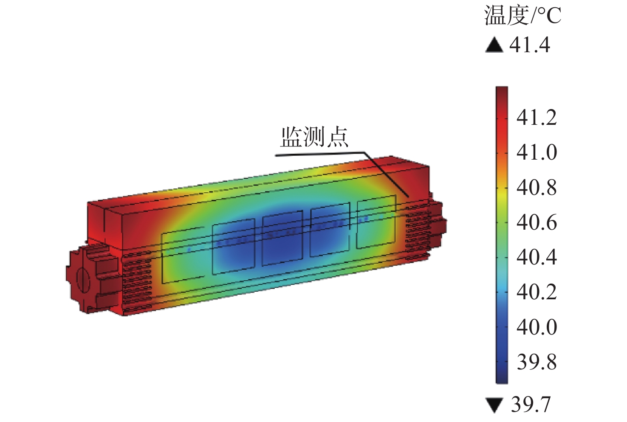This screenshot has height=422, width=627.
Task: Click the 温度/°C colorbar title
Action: click(x=522, y=16)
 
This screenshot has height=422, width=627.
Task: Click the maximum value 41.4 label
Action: click(x=530, y=45)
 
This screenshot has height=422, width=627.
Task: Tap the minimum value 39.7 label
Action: click(x=531, y=404)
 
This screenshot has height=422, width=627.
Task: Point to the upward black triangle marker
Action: click(x=494, y=45)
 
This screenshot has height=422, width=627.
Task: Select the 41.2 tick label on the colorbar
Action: click(x=537, y=117)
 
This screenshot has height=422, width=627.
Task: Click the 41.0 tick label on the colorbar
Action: click(x=537, y=152)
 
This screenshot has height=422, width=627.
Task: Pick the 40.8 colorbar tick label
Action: click(x=537, y=187)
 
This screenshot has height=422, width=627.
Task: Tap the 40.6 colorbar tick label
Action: click(x=537, y=222)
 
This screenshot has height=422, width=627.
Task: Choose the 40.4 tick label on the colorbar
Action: click(x=537, y=257)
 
